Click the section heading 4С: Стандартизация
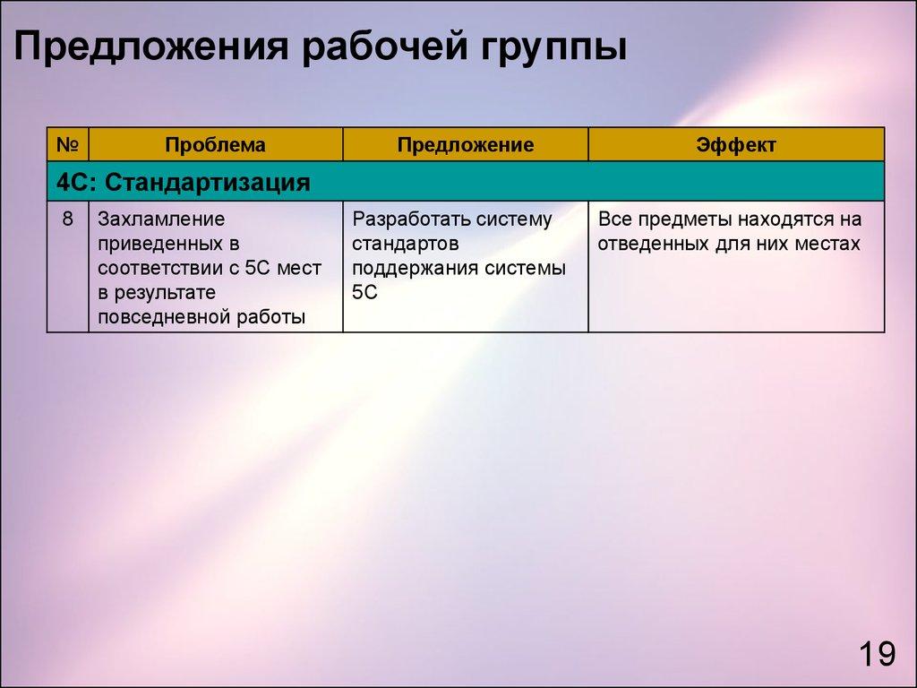click(183, 183)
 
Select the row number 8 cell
click(68, 219)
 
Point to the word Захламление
click(161, 219)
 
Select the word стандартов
click(405, 244)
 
